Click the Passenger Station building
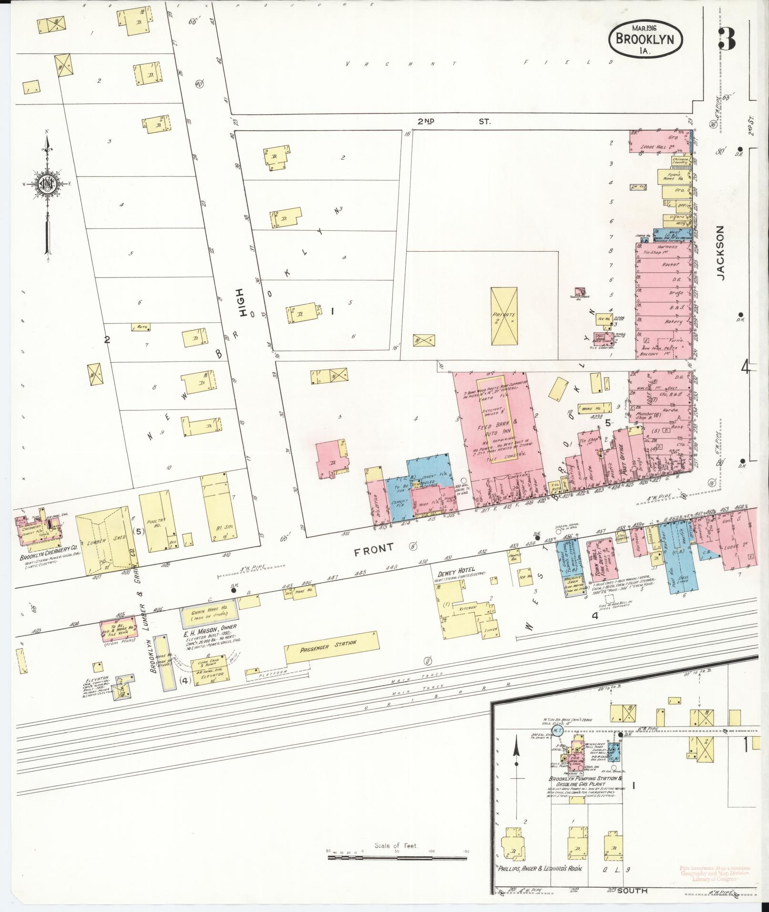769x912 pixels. tap(333, 648)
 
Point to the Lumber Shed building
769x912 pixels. tap(106, 540)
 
